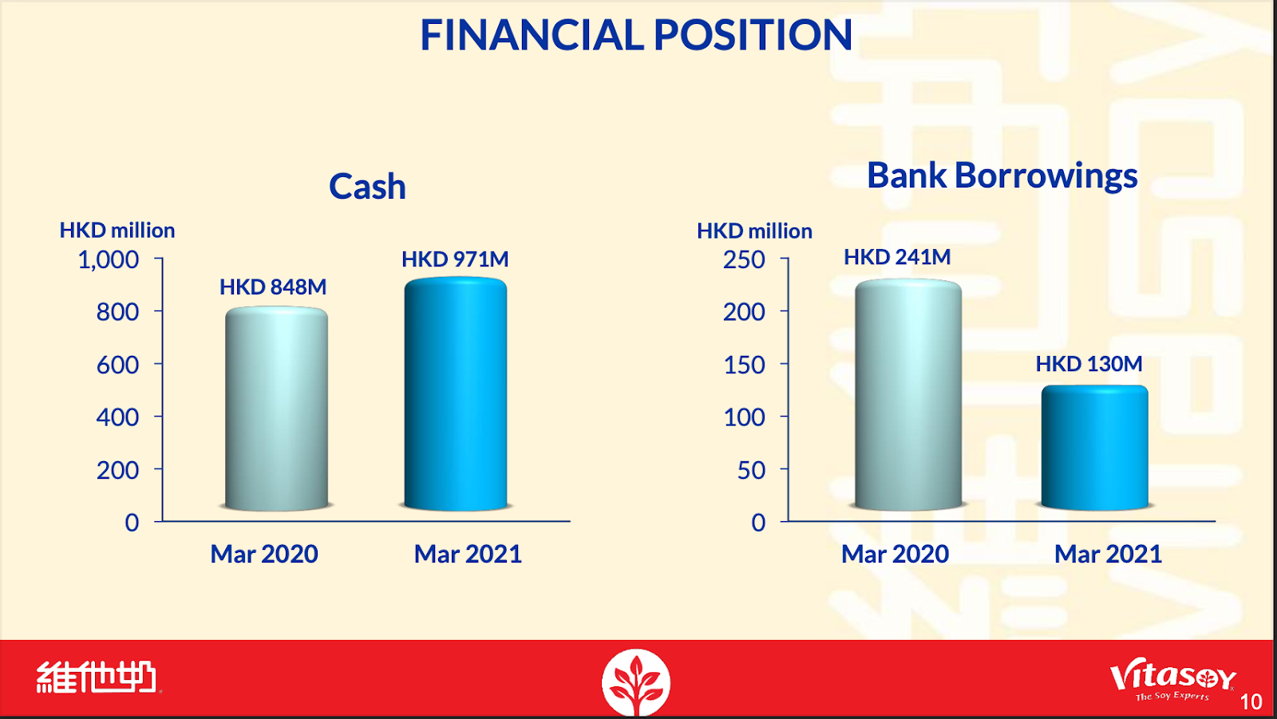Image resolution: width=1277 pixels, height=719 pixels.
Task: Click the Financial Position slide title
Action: [x=636, y=35]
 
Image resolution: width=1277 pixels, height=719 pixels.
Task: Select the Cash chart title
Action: [x=367, y=187]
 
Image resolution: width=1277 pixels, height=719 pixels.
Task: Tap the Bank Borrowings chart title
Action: [x=1002, y=175]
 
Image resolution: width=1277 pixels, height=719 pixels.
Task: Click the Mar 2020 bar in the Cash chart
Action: [x=276, y=409]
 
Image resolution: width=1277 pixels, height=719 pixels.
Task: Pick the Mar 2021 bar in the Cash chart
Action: [x=456, y=393]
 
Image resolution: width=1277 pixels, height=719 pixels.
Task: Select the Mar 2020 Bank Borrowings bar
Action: [x=908, y=394]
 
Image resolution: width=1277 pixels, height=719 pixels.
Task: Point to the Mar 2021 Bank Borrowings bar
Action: [x=1094, y=448]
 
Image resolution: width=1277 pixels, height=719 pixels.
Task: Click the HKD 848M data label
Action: [x=273, y=286]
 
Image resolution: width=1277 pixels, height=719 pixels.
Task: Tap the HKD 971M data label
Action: [x=455, y=259]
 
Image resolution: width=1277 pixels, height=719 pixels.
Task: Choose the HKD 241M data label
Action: [x=897, y=257]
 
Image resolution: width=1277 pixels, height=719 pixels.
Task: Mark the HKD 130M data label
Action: [x=1089, y=364]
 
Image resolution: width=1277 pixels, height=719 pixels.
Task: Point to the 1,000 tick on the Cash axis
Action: [x=109, y=260]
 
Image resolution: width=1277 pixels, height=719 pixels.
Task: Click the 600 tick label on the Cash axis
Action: [x=117, y=365]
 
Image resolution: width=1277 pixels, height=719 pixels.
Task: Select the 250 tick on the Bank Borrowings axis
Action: [x=744, y=260]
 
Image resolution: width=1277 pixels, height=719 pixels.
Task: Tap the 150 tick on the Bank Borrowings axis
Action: [x=744, y=365]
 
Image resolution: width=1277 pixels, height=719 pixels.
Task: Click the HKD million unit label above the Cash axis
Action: [x=117, y=231]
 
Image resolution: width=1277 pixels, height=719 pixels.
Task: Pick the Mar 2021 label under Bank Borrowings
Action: [x=1108, y=554]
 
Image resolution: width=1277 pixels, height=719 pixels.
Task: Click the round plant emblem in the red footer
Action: [x=636, y=682]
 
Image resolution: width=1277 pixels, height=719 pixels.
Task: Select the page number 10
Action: [x=1251, y=702]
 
